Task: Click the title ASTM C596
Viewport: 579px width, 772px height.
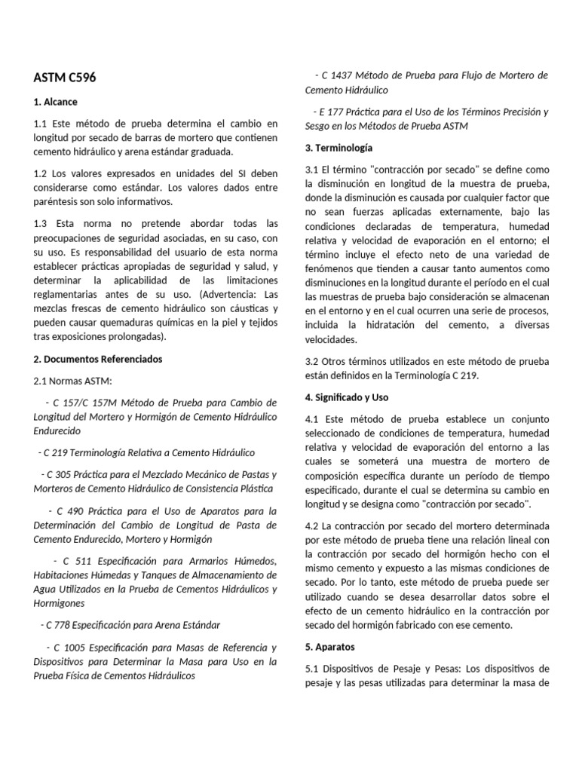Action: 65,78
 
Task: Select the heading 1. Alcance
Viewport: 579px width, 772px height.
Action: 56,102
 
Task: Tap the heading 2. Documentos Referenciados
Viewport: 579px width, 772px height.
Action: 98,359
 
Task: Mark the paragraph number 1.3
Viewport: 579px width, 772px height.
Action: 41,223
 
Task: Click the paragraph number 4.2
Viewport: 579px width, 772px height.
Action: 312,525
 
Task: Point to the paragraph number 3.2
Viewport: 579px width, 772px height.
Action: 312,361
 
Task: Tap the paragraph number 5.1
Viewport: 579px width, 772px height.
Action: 312,669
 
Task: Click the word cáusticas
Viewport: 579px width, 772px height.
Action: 247,309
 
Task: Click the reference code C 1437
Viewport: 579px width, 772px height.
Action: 338,75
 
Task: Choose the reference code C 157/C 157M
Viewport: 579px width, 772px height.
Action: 84,403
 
